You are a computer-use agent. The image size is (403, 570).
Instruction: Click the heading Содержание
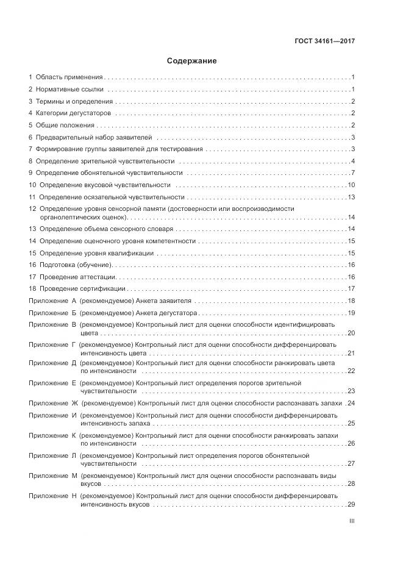(192, 61)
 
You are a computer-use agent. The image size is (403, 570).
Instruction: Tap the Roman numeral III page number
(351, 521)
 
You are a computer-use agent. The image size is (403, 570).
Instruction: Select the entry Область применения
(70, 77)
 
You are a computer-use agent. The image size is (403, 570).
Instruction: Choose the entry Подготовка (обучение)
(77, 265)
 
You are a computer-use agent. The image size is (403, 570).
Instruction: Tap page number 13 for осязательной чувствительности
(351, 197)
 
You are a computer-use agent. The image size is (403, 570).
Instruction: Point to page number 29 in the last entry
(351, 504)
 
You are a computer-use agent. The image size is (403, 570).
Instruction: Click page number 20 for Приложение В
(351, 333)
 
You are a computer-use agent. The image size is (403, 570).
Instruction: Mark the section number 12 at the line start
(32, 208)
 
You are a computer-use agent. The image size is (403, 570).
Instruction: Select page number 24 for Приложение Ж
(351, 404)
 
